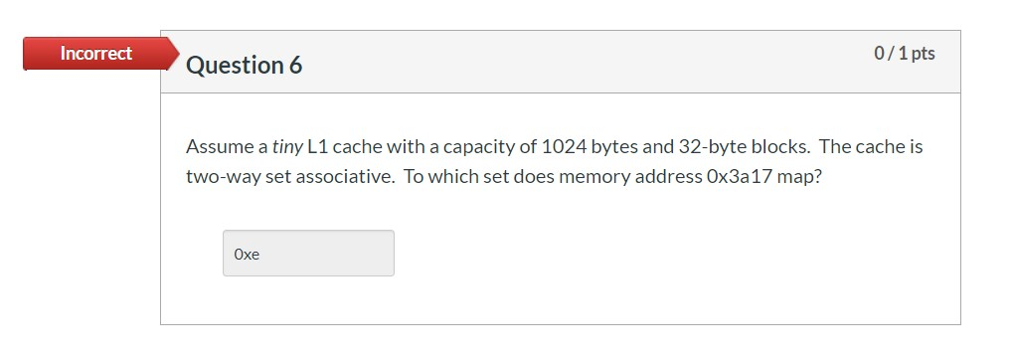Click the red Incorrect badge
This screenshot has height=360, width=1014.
coord(95,54)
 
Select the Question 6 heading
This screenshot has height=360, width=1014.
coord(244,66)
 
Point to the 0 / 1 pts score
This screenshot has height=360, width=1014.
coord(904,54)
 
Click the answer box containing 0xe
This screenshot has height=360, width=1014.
coord(308,254)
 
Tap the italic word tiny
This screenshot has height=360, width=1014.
coord(287,147)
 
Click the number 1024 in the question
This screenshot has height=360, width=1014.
coord(563,147)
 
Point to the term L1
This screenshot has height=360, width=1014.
coord(317,147)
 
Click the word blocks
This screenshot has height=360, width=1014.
coord(777,147)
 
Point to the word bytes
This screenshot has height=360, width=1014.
coord(615,147)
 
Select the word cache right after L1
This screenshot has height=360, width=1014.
coord(356,147)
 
